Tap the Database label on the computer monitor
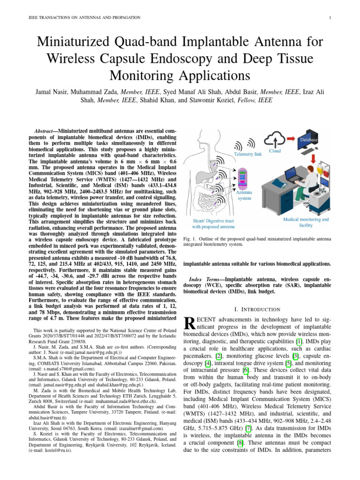309,140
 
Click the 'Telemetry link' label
247,154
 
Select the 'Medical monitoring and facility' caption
306,222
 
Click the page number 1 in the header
330,17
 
